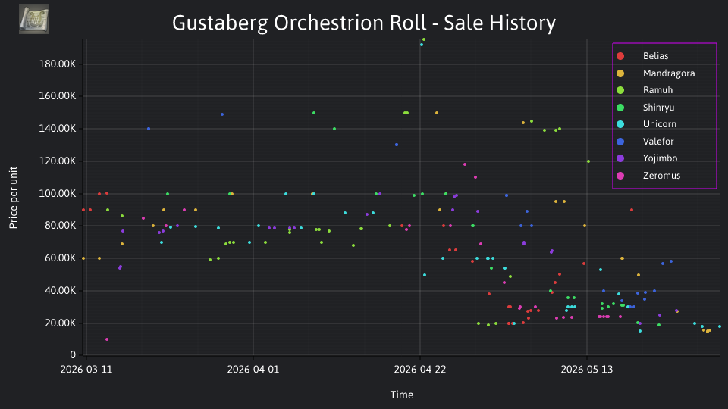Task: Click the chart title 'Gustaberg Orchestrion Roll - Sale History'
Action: click(363, 23)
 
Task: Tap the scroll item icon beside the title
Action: click(34, 19)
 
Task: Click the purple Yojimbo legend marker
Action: click(620, 158)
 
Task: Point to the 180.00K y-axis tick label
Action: click(58, 64)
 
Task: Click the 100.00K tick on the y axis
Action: click(58, 193)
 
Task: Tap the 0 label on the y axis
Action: click(73, 354)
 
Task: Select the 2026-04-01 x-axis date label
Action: click(253, 370)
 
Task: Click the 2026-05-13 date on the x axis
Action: click(587, 370)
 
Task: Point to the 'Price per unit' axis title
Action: click(14, 198)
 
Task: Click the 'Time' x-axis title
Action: click(402, 395)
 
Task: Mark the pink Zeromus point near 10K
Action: click(107, 339)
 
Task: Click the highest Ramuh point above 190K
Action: click(424, 40)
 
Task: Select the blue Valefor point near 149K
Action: click(222, 114)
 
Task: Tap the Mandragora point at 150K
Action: click(437, 113)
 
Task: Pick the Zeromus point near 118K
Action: click(465, 164)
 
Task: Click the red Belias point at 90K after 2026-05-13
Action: click(632, 210)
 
